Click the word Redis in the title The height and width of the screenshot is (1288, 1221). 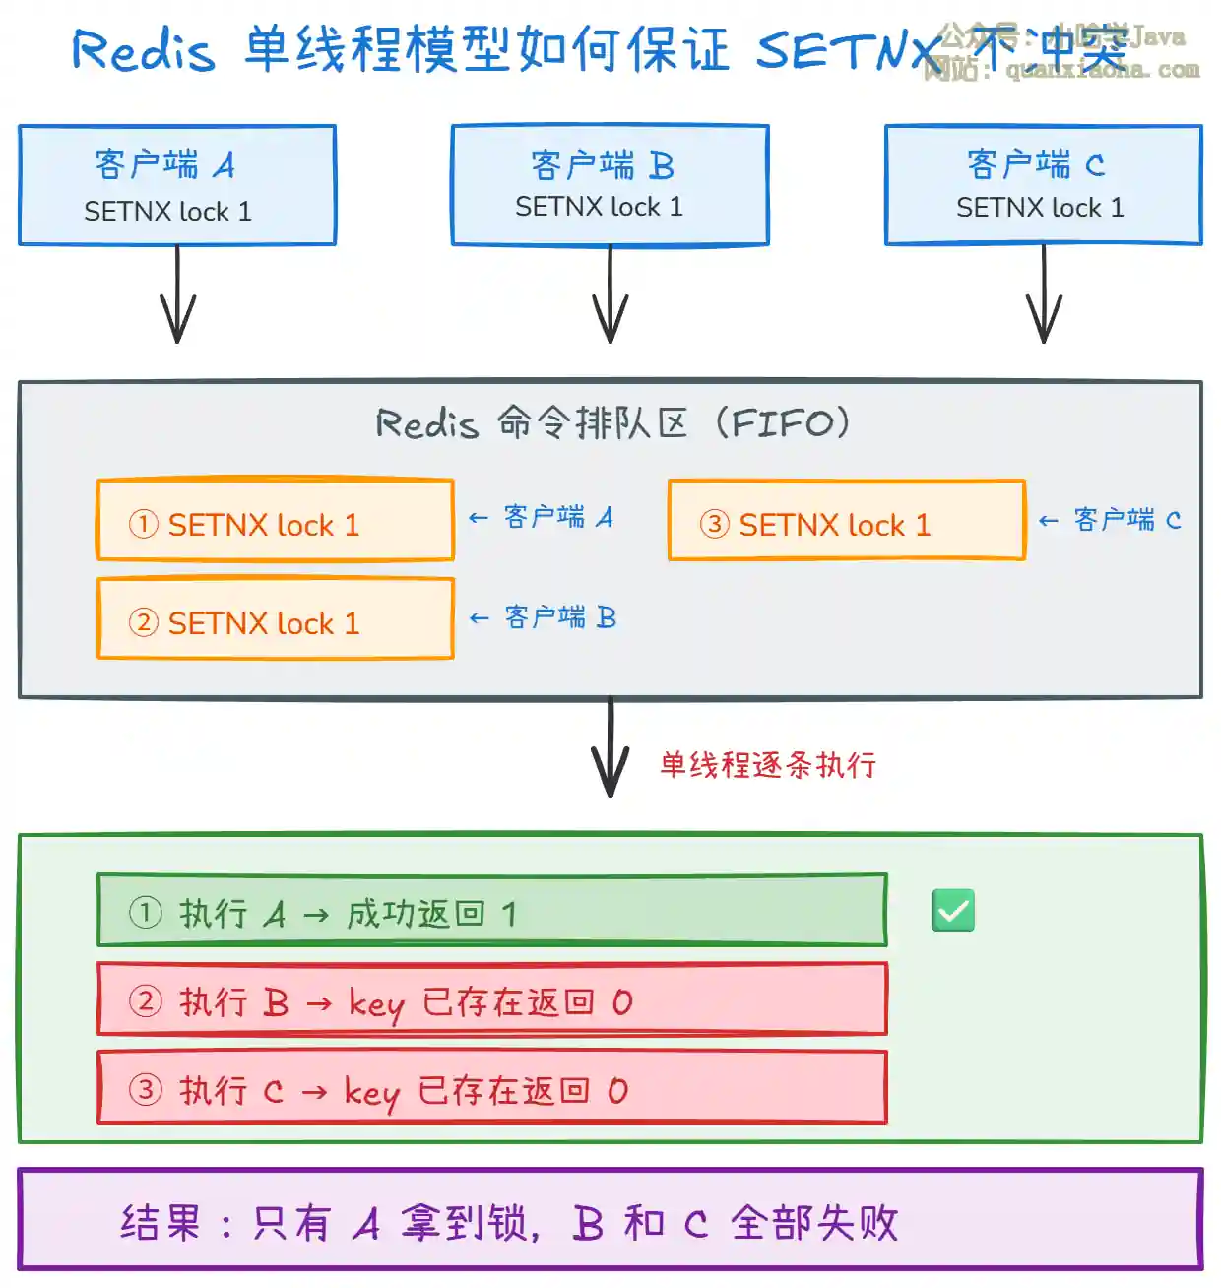(x=143, y=49)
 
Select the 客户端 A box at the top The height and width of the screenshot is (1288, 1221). (x=177, y=185)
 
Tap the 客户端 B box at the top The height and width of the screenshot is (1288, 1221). (x=610, y=185)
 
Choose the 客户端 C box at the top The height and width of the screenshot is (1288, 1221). (x=1043, y=185)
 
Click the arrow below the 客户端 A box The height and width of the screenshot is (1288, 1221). (x=177, y=295)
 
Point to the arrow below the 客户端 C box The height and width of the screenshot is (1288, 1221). (x=1044, y=295)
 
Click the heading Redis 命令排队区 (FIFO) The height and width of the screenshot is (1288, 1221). (x=612, y=423)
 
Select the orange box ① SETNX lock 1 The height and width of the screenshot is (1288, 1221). (x=275, y=521)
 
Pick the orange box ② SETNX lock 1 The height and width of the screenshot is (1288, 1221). (x=275, y=619)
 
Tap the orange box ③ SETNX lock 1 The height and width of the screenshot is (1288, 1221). (x=846, y=521)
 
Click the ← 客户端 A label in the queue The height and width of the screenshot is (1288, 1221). (x=542, y=518)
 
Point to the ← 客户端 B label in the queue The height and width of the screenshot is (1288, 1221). (x=544, y=617)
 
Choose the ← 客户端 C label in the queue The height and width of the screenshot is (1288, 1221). (x=1110, y=520)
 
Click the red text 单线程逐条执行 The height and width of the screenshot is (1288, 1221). (x=768, y=765)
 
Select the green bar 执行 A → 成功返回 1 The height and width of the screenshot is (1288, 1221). (x=491, y=911)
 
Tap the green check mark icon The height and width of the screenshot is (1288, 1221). (x=953, y=911)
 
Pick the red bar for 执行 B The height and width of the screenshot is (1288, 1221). (x=491, y=999)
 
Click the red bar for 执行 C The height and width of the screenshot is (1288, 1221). (x=491, y=1088)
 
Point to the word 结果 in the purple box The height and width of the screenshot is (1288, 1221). (x=160, y=1223)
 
